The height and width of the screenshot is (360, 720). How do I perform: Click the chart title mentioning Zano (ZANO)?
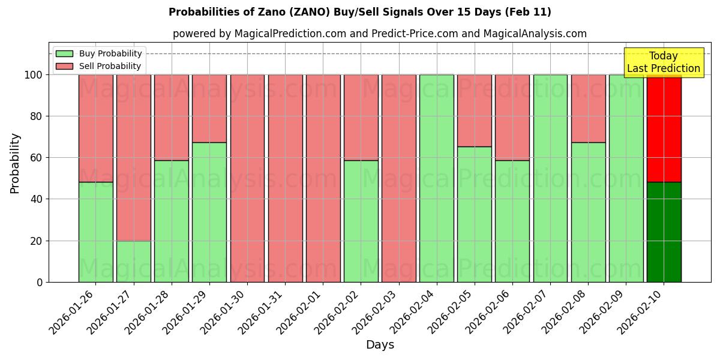click(x=359, y=12)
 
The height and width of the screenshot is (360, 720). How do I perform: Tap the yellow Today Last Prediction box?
click(x=663, y=62)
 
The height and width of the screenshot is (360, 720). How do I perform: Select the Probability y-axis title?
click(x=15, y=163)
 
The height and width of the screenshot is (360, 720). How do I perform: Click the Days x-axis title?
click(x=380, y=345)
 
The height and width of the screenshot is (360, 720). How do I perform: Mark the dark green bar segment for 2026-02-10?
click(x=664, y=232)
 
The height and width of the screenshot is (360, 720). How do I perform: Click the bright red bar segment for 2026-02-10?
click(x=664, y=128)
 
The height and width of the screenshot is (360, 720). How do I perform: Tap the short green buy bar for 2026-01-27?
click(x=133, y=261)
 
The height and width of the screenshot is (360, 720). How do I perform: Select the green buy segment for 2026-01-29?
click(x=209, y=212)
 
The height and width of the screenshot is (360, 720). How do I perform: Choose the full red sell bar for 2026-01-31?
click(x=285, y=178)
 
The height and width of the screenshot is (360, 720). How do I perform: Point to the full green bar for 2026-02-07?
click(x=550, y=178)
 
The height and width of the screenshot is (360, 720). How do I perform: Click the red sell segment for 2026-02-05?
click(x=474, y=110)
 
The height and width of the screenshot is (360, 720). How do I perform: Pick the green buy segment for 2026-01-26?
click(x=95, y=232)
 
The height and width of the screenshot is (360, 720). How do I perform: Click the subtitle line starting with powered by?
click(x=379, y=34)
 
